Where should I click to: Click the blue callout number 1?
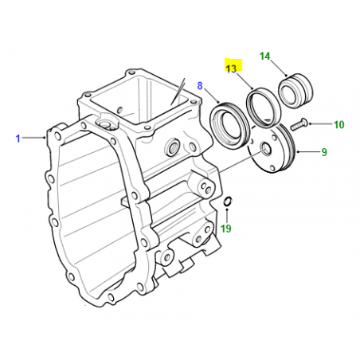(x=17, y=139)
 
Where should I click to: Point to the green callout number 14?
(x=265, y=57)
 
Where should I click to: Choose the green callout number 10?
(x=338, y=124)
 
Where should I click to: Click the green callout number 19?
(x=226, y=229)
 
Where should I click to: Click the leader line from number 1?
(x=35, y=139)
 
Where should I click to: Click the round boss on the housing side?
(x=170, y=148)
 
